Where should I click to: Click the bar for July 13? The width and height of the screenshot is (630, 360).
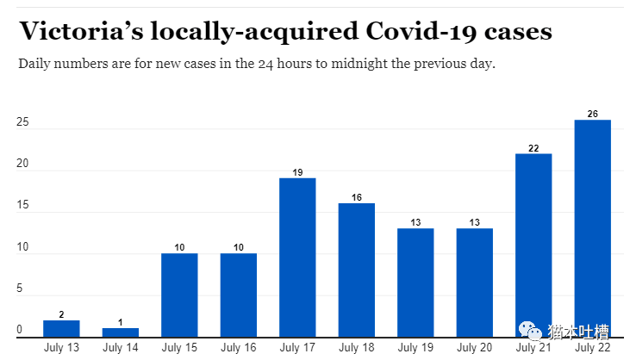tap(61, 328)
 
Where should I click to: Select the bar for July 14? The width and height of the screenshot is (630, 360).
tap(120, 332)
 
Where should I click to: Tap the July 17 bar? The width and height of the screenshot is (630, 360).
tap(297, 257)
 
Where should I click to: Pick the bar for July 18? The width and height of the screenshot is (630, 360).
tap(356, 270)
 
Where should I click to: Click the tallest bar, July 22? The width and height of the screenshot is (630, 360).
tap(592, 228)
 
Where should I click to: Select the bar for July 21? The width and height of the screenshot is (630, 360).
tap(533, 245)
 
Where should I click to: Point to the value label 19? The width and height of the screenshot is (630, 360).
tap(297, 173)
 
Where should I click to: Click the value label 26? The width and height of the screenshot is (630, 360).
tap(592, 115)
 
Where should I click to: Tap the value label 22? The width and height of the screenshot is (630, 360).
tap(533, 148)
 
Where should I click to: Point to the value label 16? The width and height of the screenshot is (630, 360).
tap(356, 198)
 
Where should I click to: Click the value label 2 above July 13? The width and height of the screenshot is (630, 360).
tap(61, 315)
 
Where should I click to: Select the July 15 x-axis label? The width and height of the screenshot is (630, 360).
tap(179, 348)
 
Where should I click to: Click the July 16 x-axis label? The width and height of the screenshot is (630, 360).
tap(238, 348)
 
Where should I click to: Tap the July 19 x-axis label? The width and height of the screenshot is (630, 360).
tap(415, 348)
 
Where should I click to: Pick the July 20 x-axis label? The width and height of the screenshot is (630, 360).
tap(474, 348)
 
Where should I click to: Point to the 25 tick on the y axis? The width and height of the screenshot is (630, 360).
tap(22, 123)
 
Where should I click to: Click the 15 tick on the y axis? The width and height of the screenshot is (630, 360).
tap(22, 206)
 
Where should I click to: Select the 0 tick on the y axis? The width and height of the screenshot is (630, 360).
tap(20, 330)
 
